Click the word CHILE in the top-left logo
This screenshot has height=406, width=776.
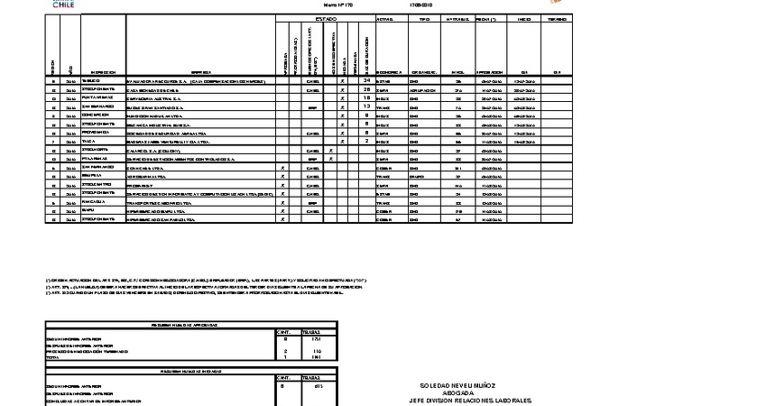point(64,5)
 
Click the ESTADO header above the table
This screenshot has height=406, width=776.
point(326,18)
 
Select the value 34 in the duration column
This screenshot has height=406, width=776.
point(367,80)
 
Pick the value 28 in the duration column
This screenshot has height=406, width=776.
point(367,89)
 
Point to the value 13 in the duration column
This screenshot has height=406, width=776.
point(367,106)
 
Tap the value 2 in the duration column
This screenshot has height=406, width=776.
point(367,141)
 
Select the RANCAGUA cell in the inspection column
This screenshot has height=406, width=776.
point(95,202)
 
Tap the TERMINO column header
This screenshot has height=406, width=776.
point(557,18)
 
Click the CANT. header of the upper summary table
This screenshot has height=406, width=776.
point(287,332)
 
